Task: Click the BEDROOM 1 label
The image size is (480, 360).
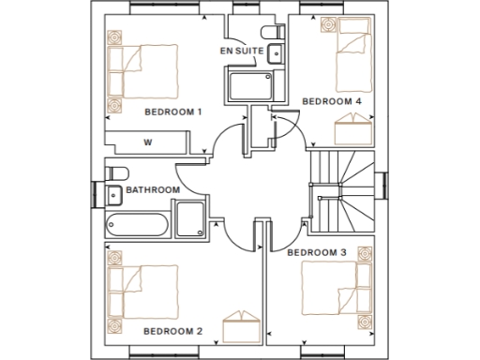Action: coord(173,112)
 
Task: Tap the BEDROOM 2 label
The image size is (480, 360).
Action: coord(172,331)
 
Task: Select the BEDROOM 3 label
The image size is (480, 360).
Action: coord(316,252)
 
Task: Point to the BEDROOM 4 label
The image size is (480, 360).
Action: coord(330,100)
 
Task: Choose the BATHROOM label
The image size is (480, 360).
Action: coord(153,189)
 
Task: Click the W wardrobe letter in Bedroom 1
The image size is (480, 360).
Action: coord(148,142)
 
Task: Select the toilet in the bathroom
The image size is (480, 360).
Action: coord(116,172)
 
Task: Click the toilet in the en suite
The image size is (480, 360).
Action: coord(272,35)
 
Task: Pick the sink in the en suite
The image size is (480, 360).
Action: coord(274,54)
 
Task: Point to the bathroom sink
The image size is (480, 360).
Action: coord(112,195)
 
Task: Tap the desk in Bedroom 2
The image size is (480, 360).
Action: coord(240,330)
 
